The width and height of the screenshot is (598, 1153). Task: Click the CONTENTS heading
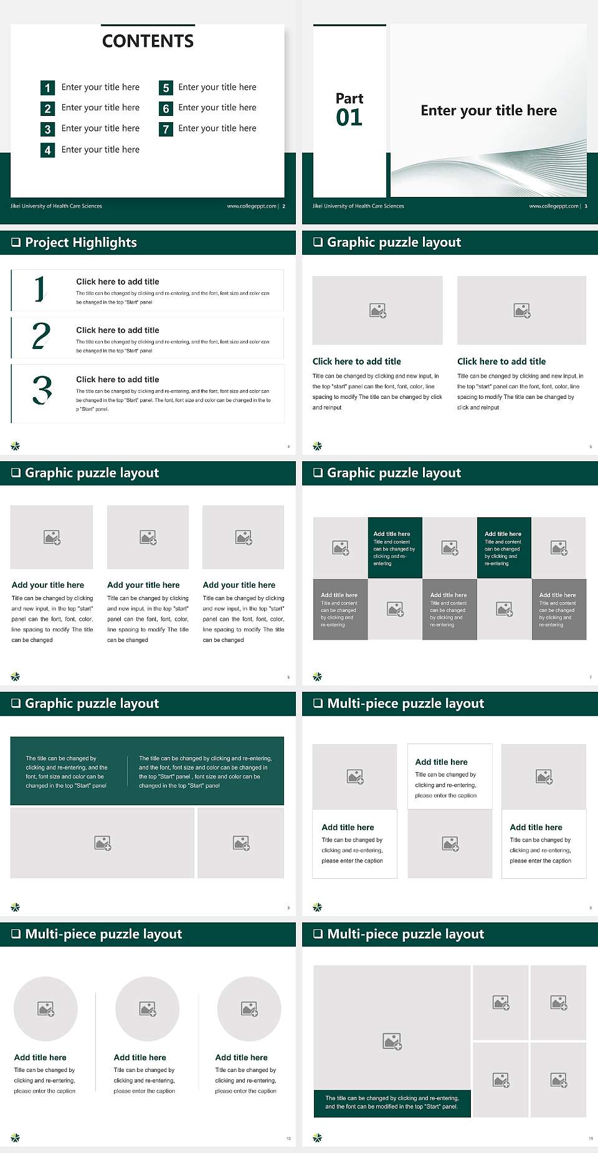click(x=148, y=41)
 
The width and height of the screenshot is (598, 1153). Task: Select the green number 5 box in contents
click(x=166, y=88)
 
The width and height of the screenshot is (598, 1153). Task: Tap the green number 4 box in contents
click(x=47, y=150)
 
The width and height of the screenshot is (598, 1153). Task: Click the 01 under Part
click(x=349, y=118)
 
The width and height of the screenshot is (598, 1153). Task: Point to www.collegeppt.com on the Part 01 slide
click(x=553, y=206)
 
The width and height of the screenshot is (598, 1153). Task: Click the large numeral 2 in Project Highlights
click(x=41, y=337)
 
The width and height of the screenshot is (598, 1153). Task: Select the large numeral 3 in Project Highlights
click(x=42, y=391)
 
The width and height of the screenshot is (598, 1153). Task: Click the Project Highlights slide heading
click(x=81, y=242)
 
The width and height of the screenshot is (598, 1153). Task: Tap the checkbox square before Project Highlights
click(x=16, y=242)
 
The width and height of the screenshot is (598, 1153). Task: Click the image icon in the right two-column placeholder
click(x=521, y=310)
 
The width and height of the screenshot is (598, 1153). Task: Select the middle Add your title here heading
click(x=143, y=585)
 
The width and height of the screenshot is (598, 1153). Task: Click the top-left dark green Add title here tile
click(x=395, y=548)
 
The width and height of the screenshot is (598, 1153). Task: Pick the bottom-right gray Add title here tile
click(x=559, y=609)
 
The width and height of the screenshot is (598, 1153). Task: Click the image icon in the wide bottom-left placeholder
click(x=102, y=843)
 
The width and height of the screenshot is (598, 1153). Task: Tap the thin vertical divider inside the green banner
click(x=128, y=771)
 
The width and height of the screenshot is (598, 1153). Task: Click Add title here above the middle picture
click(x=441, y=762)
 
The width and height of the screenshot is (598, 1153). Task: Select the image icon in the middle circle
click(x=148, y=1008)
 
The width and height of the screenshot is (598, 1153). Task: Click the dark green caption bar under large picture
click(x=392, y=1103)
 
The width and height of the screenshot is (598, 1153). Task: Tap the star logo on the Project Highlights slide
click(x=16, y=446)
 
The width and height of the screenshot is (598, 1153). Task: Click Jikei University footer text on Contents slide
click(x=56, y=206)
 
